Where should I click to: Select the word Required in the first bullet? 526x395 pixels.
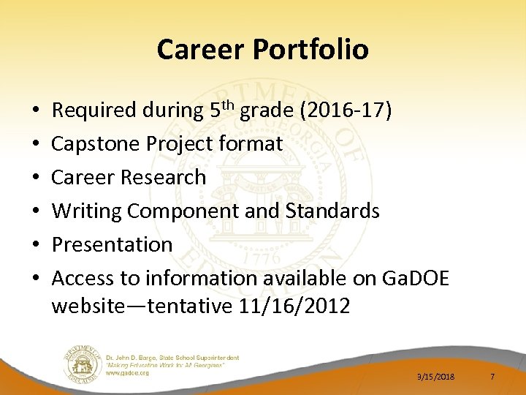[x=94, y=110]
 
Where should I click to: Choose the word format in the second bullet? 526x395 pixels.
[x=250, y=144]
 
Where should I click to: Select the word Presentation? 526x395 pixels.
[x=112, y=244]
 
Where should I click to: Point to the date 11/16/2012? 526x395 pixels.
[x=294, y=306]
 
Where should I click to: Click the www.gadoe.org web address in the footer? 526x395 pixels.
[x=128, y=372]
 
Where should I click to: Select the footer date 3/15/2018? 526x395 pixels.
[x=435, y=376]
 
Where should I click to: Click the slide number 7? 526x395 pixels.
[x=492, y=376]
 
